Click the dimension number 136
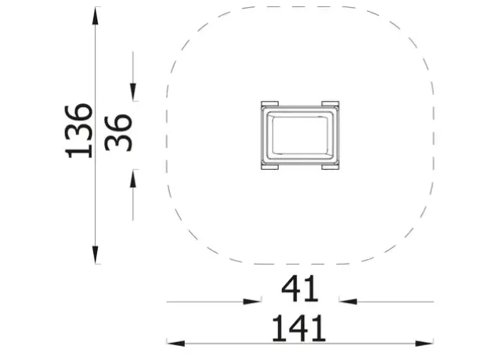click(x=78, y=131)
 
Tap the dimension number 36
click(x=118, y=133)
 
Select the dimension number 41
click(x=300, y=289)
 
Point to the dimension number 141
click(x=299, y=328)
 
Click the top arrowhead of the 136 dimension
click(x=96, y=16)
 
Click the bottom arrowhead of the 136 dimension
click(x=96, y=254)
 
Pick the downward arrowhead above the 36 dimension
click(x=133, y=92)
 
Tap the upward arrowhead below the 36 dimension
click(x=133, y=178)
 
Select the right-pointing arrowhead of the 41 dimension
click(x=252, y=301)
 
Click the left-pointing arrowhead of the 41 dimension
click(x=348, y=301)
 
